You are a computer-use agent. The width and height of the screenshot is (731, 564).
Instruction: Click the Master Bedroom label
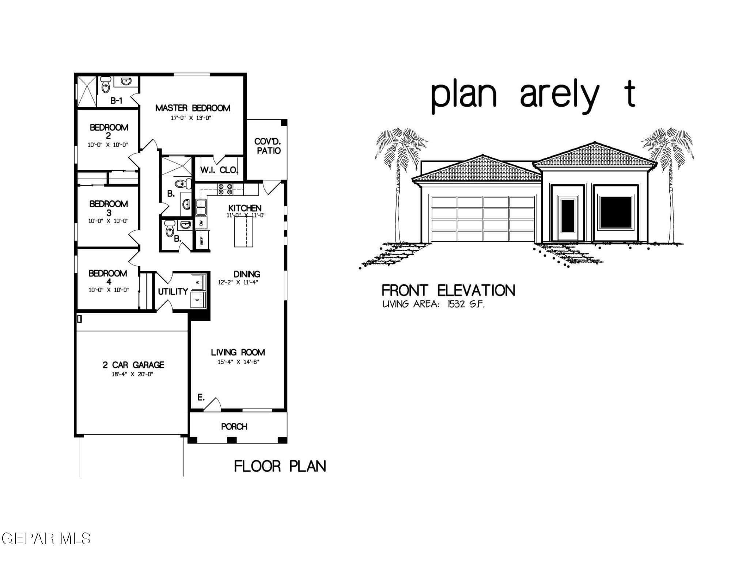click(x=193, y=108)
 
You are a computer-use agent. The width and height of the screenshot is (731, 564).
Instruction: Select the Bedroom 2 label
click(x=109, y=131)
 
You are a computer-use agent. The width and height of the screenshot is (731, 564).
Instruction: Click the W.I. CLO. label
click(x=219, y=170)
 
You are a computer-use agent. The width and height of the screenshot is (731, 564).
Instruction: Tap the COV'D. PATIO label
click(x=268, y=146)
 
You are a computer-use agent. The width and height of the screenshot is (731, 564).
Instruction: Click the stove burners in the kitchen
click(x=225, y=189)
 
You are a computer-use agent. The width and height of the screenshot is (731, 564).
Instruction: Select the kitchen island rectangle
click(x=243, y=231)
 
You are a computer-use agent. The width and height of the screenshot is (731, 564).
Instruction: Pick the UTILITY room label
click(x=173, y=292)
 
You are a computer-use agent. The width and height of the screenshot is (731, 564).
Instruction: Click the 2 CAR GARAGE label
click(x=133, y=365)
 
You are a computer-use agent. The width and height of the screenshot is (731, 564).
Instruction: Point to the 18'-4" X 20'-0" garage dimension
click(x=132, y=375)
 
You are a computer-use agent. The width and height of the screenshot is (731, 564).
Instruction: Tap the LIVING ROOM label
click(x=238, y=352)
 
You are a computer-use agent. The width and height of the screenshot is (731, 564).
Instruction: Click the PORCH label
click(x=234, y=426)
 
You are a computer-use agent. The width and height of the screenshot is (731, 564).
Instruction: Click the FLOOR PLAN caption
click(x=280, y=467)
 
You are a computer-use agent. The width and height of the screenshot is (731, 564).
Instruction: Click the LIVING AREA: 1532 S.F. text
click(x=433, y=304)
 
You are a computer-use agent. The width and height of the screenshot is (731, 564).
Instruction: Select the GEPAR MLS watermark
click(x=46, y=538)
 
